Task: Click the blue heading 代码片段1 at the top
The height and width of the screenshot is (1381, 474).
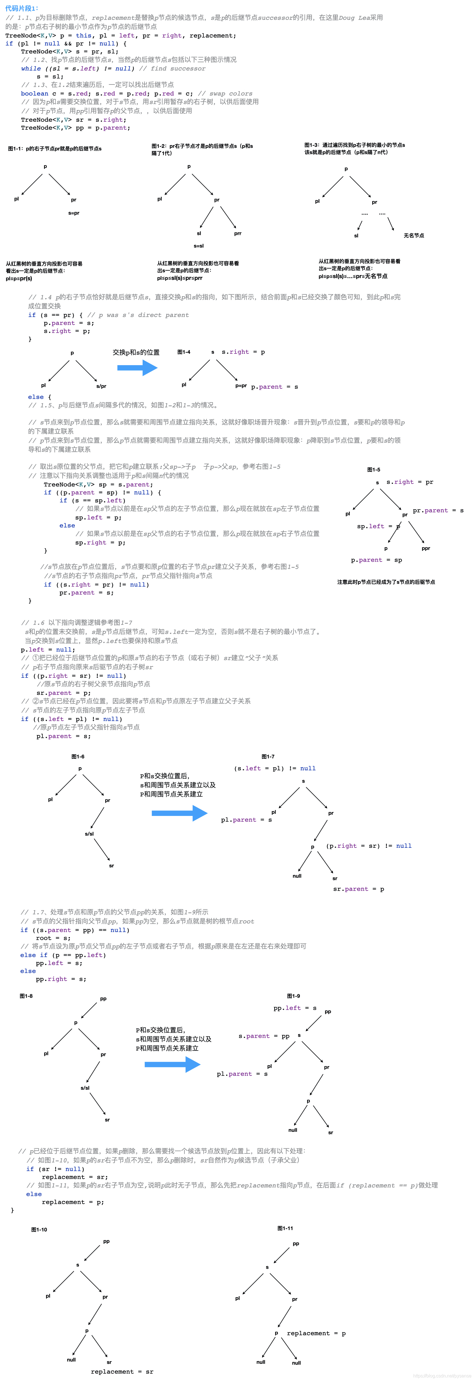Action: [21, 8]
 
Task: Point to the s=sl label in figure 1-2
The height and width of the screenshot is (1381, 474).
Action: [199, 246]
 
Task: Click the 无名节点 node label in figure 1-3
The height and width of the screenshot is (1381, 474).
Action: [413, 235]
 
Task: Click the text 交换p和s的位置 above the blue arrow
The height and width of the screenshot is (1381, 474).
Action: [136, 352]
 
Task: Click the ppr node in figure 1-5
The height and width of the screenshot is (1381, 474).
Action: [426, 548]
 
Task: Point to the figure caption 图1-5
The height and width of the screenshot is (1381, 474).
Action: [374, 470]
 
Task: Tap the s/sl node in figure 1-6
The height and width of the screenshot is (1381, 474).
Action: [90, 834]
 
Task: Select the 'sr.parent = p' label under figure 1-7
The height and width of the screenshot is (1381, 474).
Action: [358, 889]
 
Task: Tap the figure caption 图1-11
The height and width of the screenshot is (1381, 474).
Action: [285, 1228]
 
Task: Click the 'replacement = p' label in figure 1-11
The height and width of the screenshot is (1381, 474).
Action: [316, 1333]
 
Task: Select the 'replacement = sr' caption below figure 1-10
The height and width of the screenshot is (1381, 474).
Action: [122, 1371]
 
